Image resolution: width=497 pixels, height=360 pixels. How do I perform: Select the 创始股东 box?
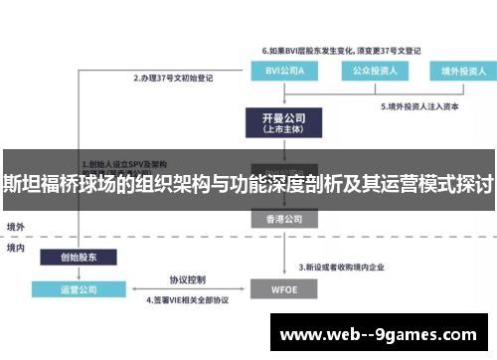point(79,257)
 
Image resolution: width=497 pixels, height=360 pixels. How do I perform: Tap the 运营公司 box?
point(79,289)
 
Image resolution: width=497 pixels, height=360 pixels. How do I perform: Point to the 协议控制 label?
point(187,279)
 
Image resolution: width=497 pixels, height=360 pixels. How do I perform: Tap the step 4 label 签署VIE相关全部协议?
point(188,299)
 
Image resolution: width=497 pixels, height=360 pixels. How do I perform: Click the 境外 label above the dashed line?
point(15,227)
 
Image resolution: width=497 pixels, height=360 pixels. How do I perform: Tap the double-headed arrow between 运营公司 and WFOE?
point(187,289)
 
